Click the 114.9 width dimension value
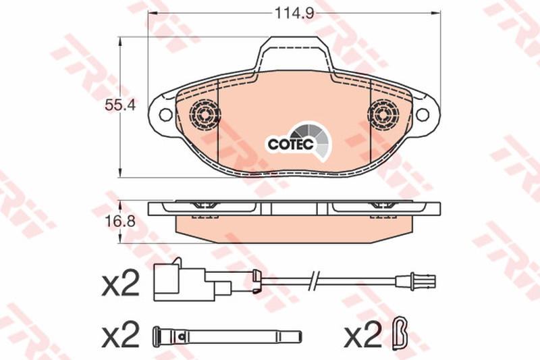pos(294,14)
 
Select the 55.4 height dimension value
pos(120,105)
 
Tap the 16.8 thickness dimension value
pos(120,222)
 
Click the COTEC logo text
pos(291,144)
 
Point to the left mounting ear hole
pos(165,114)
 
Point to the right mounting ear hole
pos(423,114)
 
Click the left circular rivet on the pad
pos(205,114)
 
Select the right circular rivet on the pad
pos(383,114)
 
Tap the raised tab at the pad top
pos(294,55)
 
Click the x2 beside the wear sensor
pos(121,283)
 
